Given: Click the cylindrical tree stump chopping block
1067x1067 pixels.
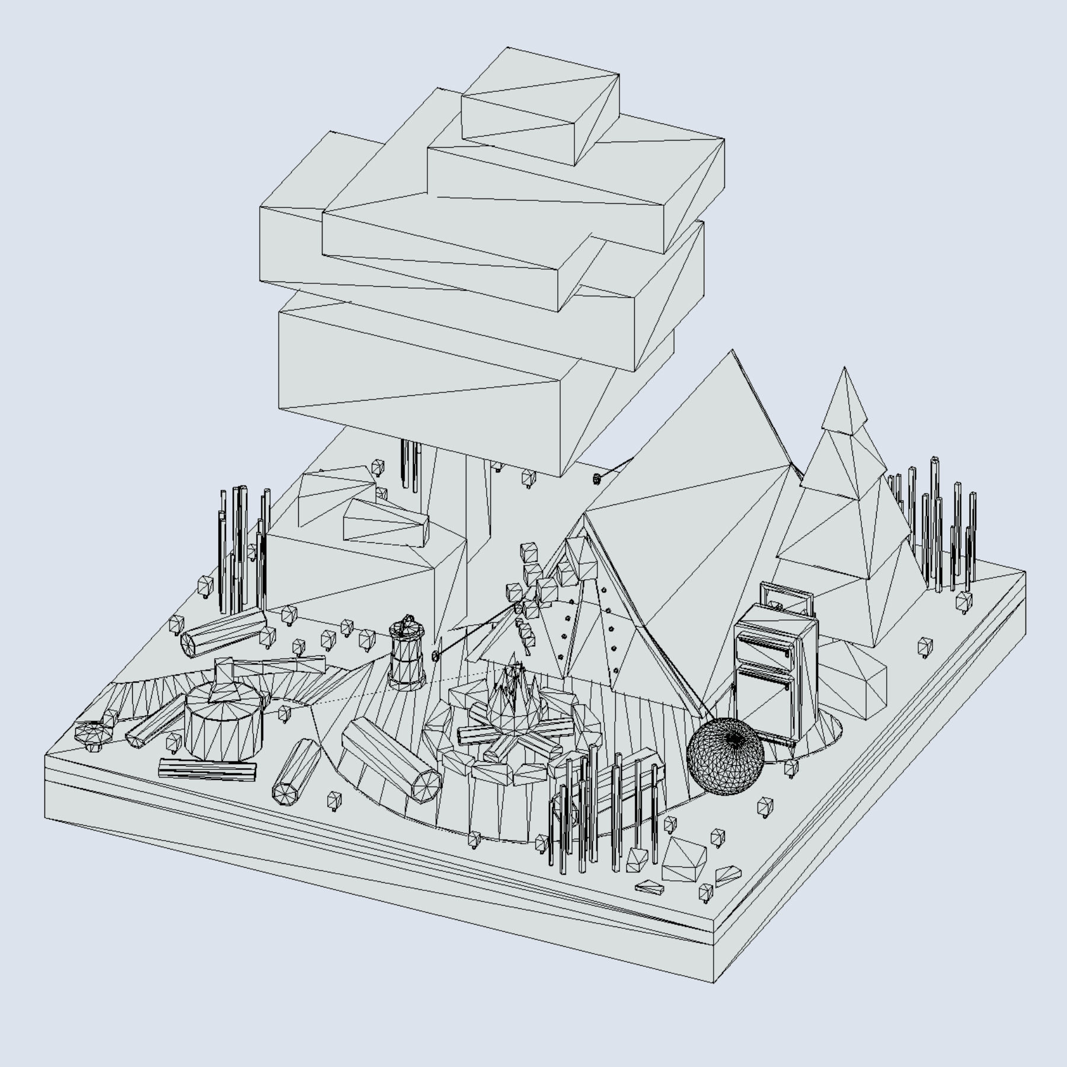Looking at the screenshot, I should click(223, 726).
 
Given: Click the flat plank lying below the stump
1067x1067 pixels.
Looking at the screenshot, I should click(207, 769).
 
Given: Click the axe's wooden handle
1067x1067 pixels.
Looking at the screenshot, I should click(279, 667).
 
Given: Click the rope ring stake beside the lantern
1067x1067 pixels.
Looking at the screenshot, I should click(436, 656).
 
